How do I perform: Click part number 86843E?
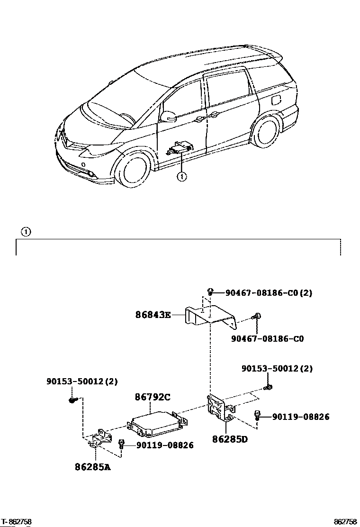point(153,315)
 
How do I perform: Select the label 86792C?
point(153,397)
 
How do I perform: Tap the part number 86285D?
point(230,439)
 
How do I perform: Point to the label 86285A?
point(93,467)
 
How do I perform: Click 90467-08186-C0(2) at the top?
point(269,293)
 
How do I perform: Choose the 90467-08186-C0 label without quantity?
point(267,339)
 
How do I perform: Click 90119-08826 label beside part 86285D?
point(301,417)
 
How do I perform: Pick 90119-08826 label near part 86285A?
point(165,445)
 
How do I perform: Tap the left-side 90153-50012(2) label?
point(82,382)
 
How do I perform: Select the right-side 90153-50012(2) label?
point(277,369)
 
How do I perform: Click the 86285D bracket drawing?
point(220,408)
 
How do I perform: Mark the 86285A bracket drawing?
point(99,438)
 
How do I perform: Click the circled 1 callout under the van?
point(182,176)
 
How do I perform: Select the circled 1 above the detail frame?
point(26,232)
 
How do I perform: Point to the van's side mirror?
point(168,117)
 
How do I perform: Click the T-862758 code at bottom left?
point(16,522)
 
